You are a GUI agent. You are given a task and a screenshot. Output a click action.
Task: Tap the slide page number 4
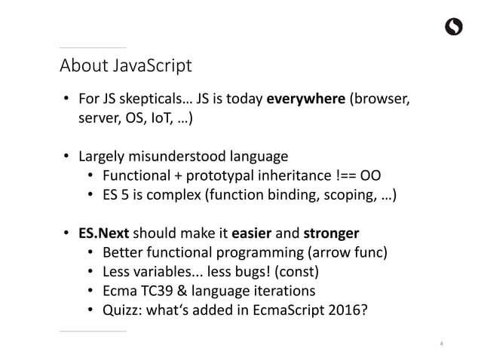tap(441, 344)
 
